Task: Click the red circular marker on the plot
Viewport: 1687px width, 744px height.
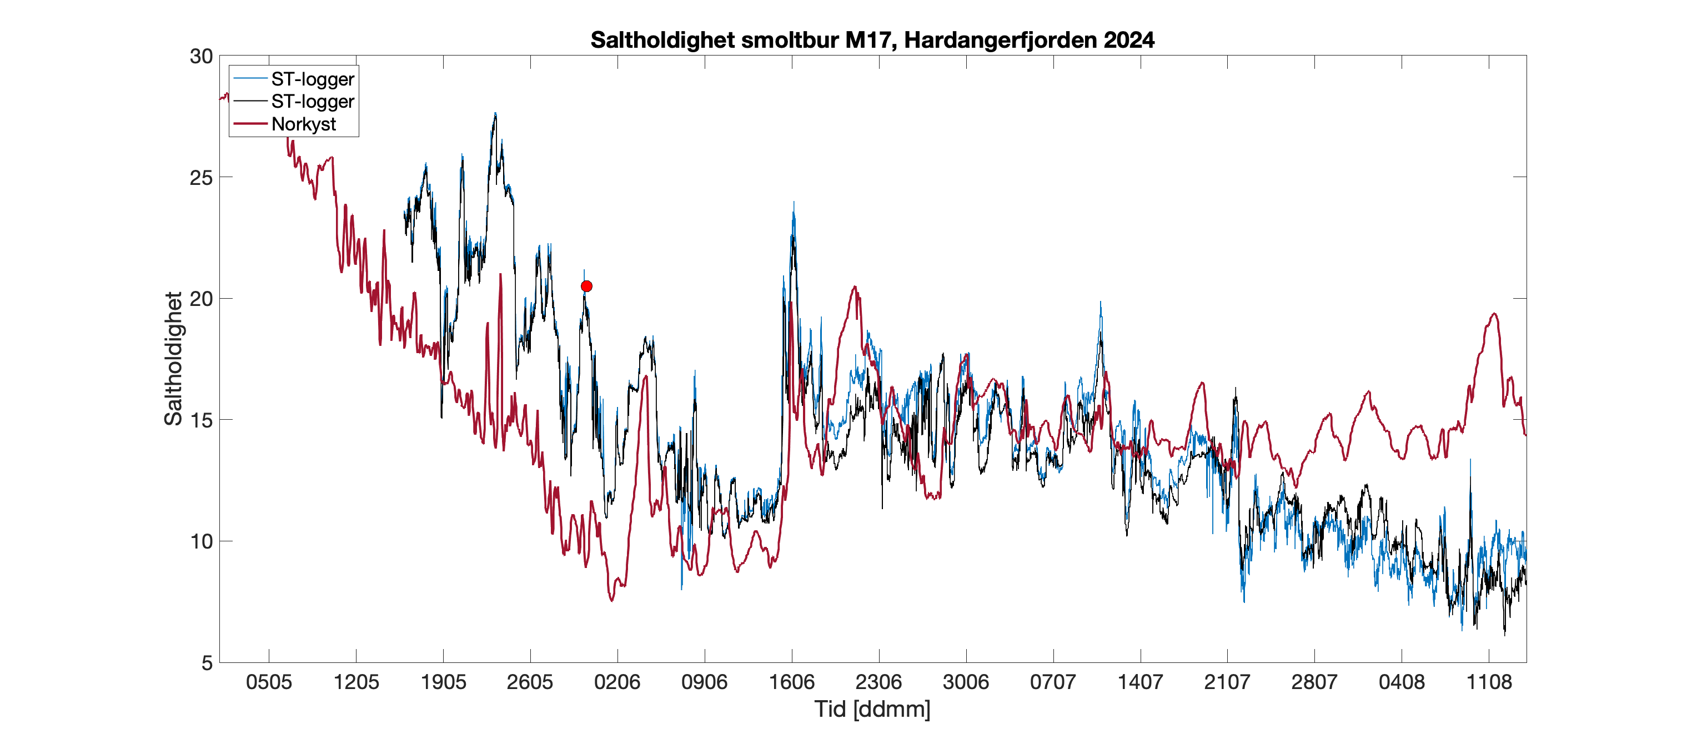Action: click(x=586, y=286)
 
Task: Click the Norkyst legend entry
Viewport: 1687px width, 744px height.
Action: click(x=303, y=124)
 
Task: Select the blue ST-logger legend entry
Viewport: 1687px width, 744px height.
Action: click(x=313, y=79)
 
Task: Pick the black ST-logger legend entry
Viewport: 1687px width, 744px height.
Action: click(x=313, y=102)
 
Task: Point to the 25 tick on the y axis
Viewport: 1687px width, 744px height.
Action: click(x=201, y=178)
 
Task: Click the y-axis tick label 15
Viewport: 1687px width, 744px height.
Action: click(x=201, y=420)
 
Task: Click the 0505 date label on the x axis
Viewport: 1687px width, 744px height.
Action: click(x=269, y=682)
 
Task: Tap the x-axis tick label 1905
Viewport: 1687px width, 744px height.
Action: click(x=443, y=682)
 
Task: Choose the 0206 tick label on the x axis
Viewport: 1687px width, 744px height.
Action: click(x=617, y=682)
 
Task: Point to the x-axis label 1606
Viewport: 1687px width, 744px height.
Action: click(x=792, y=682)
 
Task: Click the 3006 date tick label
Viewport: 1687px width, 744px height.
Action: click(x=966, y=682)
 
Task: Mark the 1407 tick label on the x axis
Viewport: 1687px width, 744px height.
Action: click(x=1140, y=682)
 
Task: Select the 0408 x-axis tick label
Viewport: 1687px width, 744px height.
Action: click(x=1402, y=682)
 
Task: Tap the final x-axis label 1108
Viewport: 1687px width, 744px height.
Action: click(x=1489, y=682)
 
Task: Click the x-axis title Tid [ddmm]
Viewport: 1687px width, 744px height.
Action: click(x=872, y=709)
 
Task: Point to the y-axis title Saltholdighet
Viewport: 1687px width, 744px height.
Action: click(x=174, y=359)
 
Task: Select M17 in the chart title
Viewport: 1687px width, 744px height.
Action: click(x=870, y=40)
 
